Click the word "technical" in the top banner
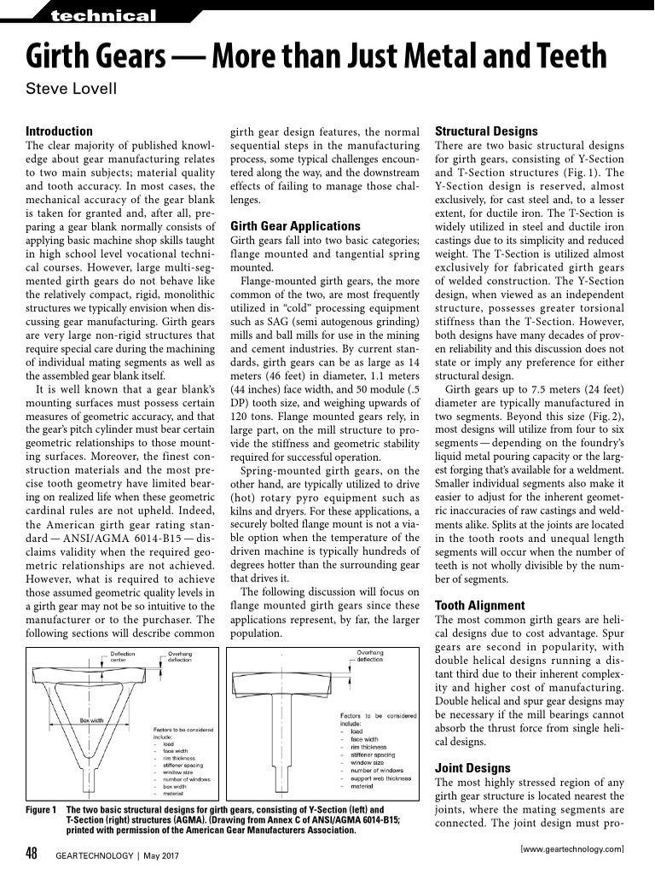click(x=103, y=16)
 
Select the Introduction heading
click(x=59, y=131)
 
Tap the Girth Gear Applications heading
click(x=295, y=226)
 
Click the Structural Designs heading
click(x=486, y=131)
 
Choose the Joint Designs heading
click(x=472, y=768)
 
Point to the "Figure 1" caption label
click(x=41, y=809)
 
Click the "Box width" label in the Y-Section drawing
click(x=91, y=720)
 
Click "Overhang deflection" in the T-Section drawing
click(x=370, y=656)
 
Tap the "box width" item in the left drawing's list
click(x=176, y=779)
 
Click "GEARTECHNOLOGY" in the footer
click(x=93, y=855)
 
